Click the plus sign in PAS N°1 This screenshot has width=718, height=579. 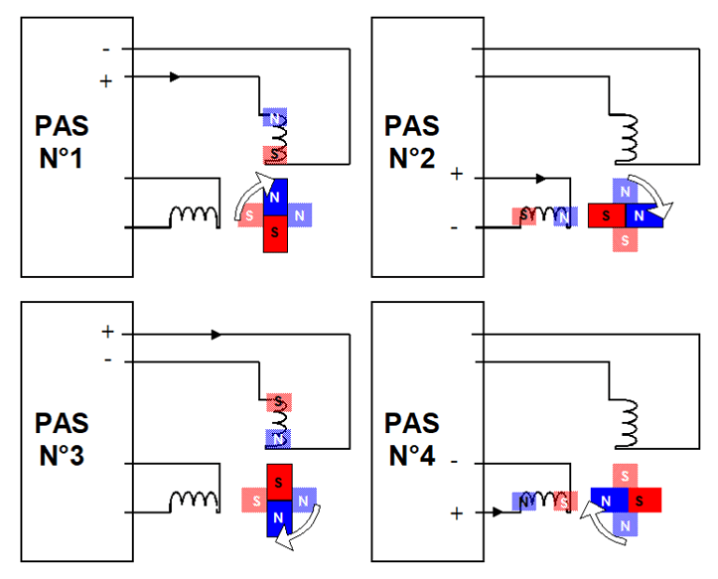click(105, 81)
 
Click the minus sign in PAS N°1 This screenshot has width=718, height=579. click(105, 49)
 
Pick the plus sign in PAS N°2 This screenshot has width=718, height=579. click(456, 175)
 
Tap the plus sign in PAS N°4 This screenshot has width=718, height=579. click(456, 513)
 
